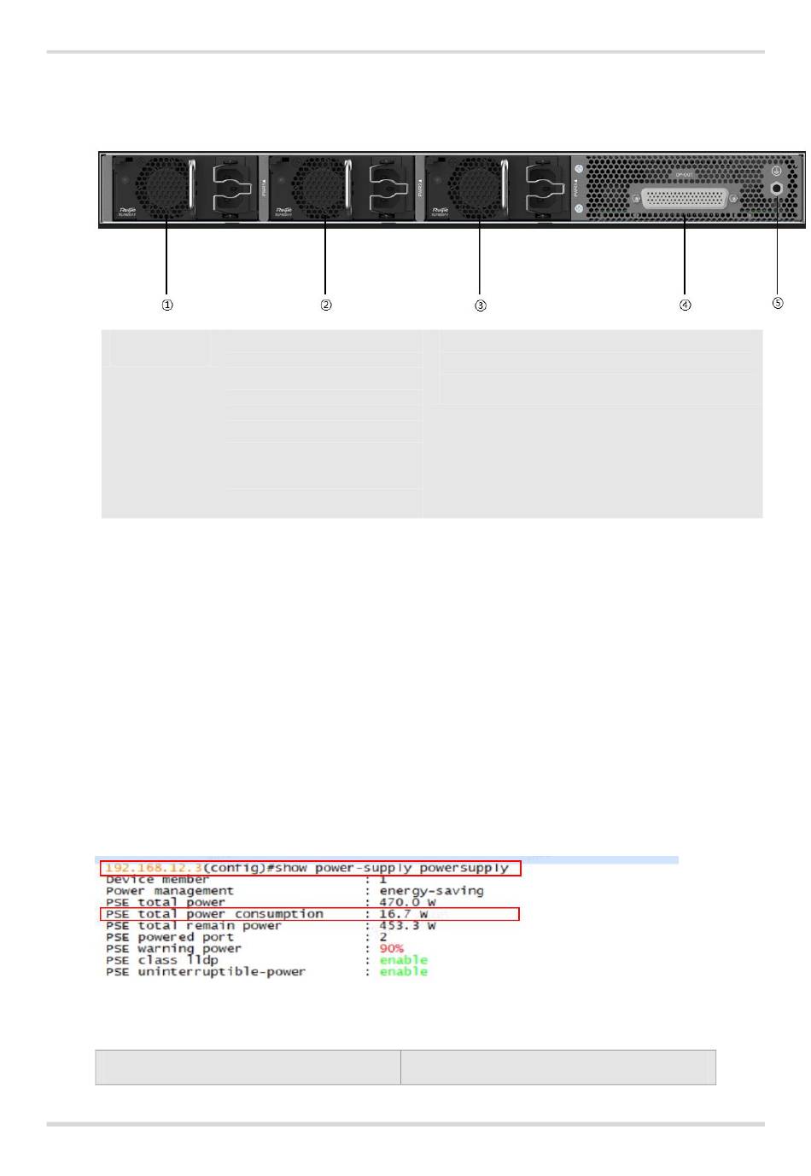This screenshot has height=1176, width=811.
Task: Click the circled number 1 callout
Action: [167, 305]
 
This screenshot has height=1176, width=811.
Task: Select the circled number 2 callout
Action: [326, 305]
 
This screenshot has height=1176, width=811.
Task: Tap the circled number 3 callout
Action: [481, 305]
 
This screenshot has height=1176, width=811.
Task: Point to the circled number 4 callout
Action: [686, 305]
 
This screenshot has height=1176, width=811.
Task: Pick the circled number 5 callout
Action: [778, 303]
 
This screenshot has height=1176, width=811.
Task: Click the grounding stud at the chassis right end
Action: [776, 188]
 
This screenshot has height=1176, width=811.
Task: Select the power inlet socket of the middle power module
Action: [390, 187]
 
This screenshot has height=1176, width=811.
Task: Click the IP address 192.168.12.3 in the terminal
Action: [153, 868]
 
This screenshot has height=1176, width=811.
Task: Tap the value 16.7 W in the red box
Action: [403, 914]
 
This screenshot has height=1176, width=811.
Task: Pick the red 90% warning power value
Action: [392, 948]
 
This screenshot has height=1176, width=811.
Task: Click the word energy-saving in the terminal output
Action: [431, 891]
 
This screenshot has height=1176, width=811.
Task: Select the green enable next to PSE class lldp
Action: [403, 960]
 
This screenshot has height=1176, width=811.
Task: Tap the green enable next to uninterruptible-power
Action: [403, 971]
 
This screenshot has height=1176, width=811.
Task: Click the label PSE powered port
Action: [169, 937]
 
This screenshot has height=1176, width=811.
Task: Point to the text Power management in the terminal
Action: [169, 891]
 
